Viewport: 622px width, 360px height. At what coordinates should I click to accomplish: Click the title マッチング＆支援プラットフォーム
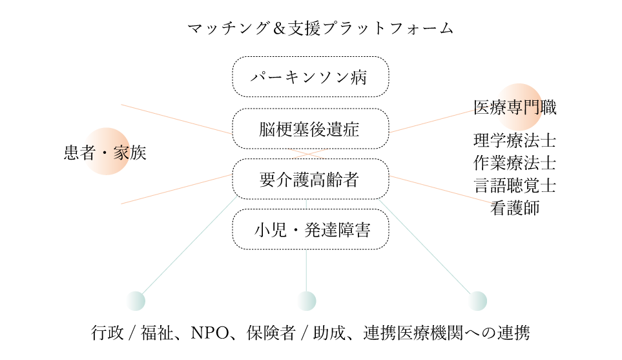(320, 29)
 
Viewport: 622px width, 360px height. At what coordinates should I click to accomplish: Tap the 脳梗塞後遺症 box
(310, 129)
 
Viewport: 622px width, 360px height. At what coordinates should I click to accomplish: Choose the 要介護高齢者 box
(310, 179)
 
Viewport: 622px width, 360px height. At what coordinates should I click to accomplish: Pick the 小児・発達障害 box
(310, 229)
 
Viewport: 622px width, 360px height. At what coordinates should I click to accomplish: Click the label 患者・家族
(105, 153)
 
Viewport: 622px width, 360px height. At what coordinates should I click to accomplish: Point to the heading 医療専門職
(515, 107)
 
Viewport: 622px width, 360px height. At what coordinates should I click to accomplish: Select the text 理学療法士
(515, 140)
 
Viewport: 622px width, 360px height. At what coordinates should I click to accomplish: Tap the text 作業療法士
(515, 162)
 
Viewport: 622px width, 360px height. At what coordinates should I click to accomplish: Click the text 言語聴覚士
(515, 185)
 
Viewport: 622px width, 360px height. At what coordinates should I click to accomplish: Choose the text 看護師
(515, 207)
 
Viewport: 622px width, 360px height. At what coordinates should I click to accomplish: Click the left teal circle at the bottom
(136, 301)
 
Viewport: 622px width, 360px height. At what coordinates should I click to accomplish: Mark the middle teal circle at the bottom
(307, 301)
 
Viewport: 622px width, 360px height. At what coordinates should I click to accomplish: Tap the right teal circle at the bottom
(477, 301)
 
